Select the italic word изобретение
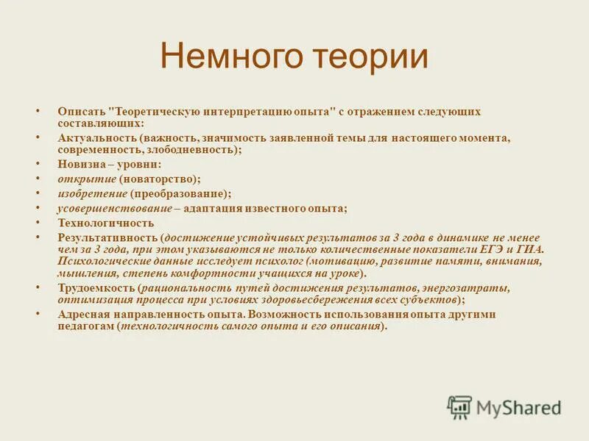(93, 193)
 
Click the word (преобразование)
(180, 193)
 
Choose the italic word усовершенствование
(114, 208)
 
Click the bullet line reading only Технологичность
(106, 223)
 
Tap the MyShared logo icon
(459, 406)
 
